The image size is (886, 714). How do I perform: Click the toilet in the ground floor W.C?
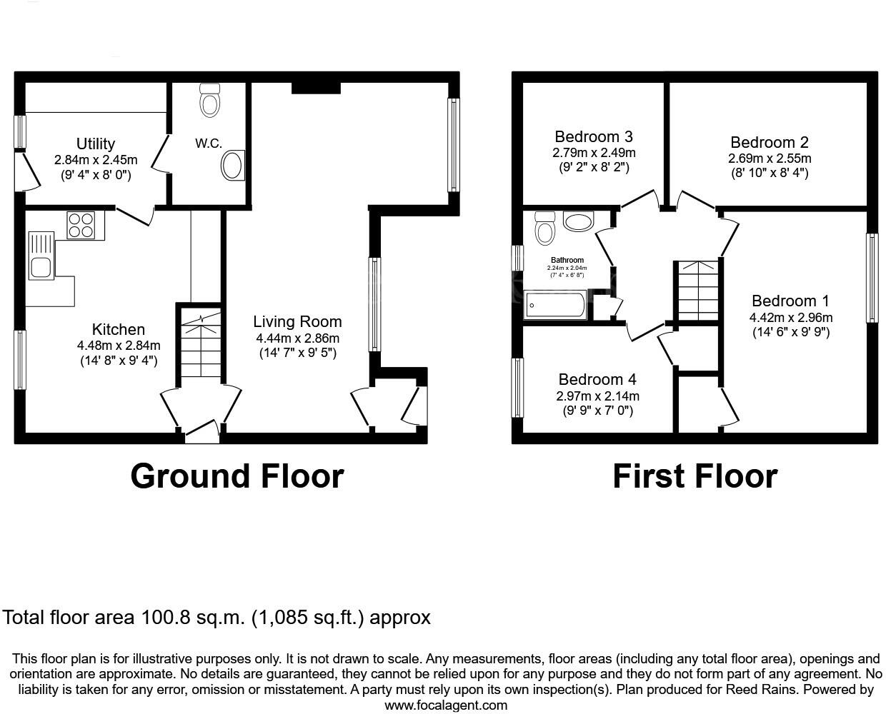coord(209,101)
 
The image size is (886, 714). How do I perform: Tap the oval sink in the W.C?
coord(232,166)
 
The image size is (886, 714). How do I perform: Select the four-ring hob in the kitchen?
coord(81,226)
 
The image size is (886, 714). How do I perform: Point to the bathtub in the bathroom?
coord(555,305)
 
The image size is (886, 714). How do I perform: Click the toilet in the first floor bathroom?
coord(545,228)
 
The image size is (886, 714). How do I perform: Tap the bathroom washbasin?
coord(578,221)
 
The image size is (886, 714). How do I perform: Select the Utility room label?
coord(96,144)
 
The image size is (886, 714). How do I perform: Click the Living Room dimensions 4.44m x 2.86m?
coord(297,338)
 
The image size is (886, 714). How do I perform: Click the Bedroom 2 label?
coord(769,142)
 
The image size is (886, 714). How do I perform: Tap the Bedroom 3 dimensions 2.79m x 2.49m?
coord(593,153)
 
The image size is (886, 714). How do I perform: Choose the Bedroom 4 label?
coord(597,379)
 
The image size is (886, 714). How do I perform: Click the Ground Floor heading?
coord(237,476)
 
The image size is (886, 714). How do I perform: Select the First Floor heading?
coord(695,476)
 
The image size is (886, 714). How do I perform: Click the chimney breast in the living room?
coord(315,87)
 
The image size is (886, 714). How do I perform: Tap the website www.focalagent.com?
coord(446,705)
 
